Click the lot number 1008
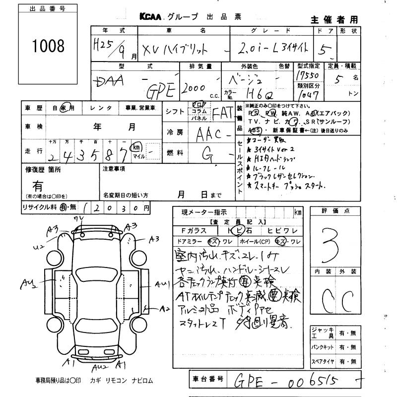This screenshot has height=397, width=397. tap(48, 46)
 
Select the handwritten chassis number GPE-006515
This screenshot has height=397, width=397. tap(295, 381)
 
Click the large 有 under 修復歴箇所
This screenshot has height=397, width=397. tap(37, 186)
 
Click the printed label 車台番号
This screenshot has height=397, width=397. tap(208, 380)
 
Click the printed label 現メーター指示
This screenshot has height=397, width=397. tap(198, 212)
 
